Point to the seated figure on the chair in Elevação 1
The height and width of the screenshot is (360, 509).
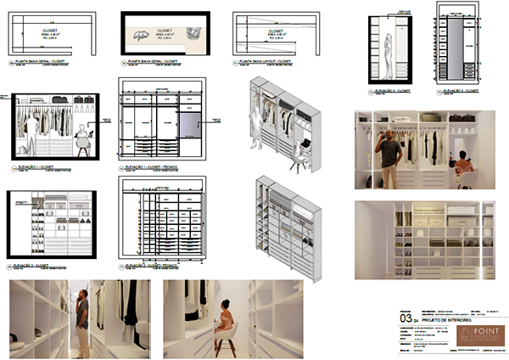[81, 141]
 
